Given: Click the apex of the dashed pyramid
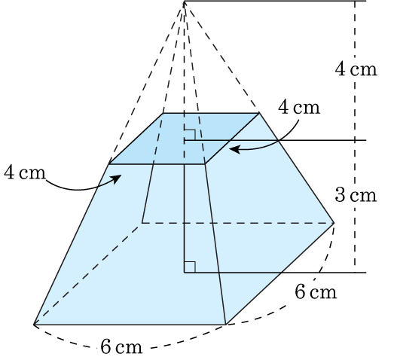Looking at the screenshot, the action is [x=185, y=2].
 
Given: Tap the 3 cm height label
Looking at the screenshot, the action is [x=356, y=195].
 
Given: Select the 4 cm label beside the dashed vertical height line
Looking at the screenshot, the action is [x=356, y=69].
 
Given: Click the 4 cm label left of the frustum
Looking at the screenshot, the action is [x=25, y=172].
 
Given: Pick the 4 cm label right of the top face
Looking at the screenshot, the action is [x=299, y=108].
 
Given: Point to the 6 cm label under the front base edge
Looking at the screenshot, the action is [x=121, y=346].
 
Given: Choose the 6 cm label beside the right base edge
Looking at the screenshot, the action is [x=316, y=291].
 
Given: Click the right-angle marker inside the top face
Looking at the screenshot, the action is [x=190, y=135].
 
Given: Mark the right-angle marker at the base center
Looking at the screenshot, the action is [x=190, y=267].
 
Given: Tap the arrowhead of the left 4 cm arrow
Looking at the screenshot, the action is [x=118, y=178].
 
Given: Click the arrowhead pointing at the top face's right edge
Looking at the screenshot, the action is [x=234, y=149].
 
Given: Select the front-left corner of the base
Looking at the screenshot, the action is [x=34, y=325].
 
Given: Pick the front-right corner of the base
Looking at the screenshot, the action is [x=225, y=325].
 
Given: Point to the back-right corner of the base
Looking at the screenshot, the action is [x=334, y=223].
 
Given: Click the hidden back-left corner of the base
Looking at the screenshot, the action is [x=142, y=223].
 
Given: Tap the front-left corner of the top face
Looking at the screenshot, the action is [x=108, y=164].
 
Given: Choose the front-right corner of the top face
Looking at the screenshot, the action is [x=205, y=164].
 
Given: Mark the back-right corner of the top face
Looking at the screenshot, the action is [x=259, y=113].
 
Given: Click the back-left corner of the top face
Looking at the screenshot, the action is [x=163, y=113].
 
